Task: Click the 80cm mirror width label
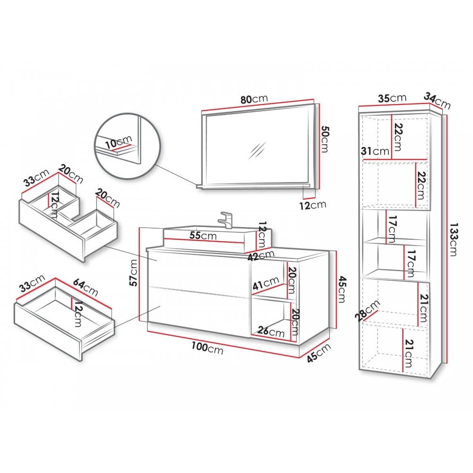(x=254, y=99)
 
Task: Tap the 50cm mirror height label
(x=325, y=139)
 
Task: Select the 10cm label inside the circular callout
(x=119, y=142)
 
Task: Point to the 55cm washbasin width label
(x=203, y=235)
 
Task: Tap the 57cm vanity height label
(x=133, y=273)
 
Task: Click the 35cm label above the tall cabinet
(x=392, y=98)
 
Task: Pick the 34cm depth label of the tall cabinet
(x=437, y=101)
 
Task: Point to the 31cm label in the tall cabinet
(x=375, y=151)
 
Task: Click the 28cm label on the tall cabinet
(x=368, y=310)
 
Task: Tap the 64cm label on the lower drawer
(x=86, y=288)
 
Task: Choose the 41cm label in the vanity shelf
(x=266, y=283)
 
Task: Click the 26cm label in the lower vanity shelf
(x=271, y=332)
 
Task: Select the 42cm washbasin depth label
(x=261, y=255)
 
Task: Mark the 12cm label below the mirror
(x=313, y=205)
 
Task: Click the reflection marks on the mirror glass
(x=257, y=150)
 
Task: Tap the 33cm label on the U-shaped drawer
(x=36, y=178)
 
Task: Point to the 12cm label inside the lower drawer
(x=78, y=314)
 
